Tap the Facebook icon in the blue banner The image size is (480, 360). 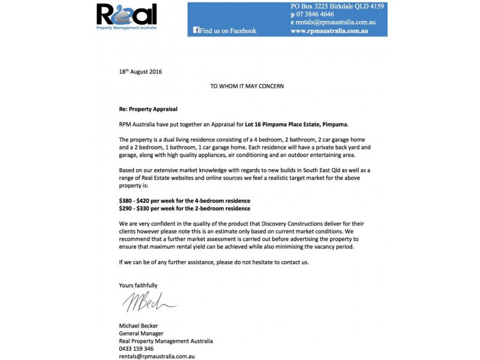pyautogui.click(x=196, y=31)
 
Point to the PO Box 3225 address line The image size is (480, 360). pyautogui.click(x=337, y=5)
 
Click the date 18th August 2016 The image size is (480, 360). pyautogui.click(x=140, y=71)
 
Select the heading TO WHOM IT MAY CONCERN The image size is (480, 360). pyautogui.click(x=247, y=86)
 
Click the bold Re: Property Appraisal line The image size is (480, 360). pyautogui.click(x=149, y=109)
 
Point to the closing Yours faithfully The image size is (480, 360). pyautogui.click(x=139, y=286)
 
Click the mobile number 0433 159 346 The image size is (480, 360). pyautogui.click(x=137, y=349)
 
